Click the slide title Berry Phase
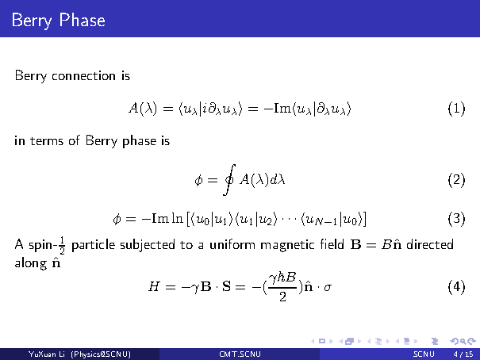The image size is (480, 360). (x=58, y=21)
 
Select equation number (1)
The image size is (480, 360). (x=456, y=109)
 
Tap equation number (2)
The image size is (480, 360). (x=456, y=179)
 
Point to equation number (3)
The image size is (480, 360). (x=456, y=219)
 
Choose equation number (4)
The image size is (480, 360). (x=456, y=287)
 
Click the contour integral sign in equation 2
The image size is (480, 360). (x=229, y=179)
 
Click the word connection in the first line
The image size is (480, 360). (x=83, y=76)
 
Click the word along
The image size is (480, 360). (x=31, y=263)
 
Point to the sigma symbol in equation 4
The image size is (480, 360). (x=327, y=288)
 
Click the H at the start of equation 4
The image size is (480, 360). (x=154, y=286)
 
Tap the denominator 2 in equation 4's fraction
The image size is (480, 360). (x=282, y=297)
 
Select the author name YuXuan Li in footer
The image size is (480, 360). (x=47, y=354)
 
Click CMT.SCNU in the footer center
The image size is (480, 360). (x=240, y=354)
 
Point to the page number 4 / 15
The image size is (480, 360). (x=463, y=354)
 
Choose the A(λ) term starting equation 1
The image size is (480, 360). (x=143, y=109)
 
